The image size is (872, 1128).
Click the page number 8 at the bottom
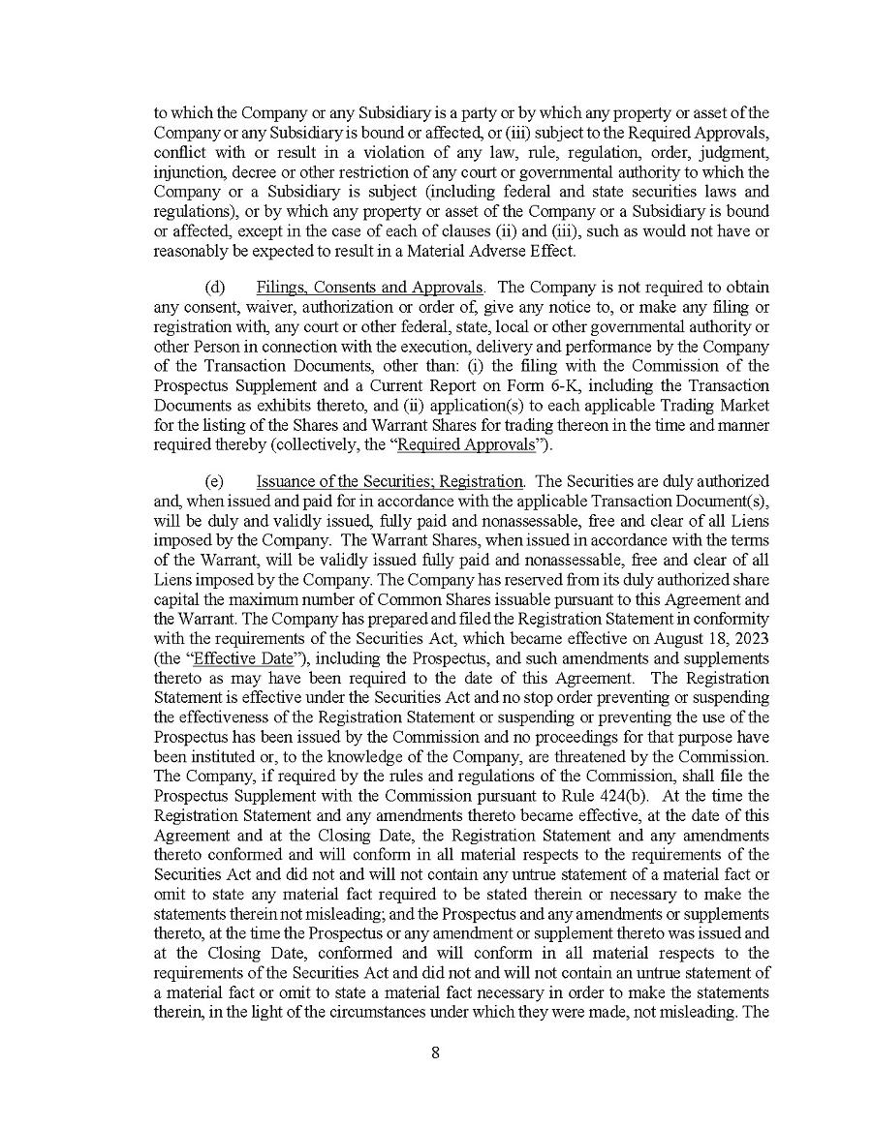[x=435, y=1054]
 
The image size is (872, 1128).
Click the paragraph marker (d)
[x=214, y=288]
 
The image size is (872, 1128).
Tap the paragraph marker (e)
[x=214, y=481]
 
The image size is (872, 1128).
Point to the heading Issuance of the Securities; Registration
[x=390, y=481]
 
